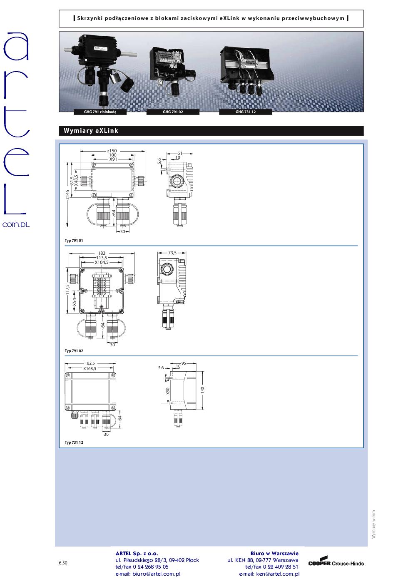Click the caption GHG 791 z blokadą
pos(100,112)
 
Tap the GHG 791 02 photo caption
pos(173,112)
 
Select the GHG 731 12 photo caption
pos(246,112)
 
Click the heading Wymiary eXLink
pos(91,131)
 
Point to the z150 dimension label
pos(112,151)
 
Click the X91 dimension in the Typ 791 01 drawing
pos(113,159)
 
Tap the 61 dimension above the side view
pos(179,153)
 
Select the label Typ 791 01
pos(74,240)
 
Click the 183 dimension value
pos(102,253)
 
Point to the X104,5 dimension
pos(102,262)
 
